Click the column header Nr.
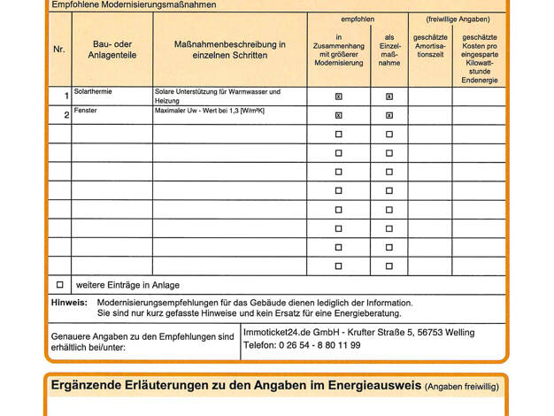(59, 50)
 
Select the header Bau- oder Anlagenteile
(112, 50)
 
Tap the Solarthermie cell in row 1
(94, 92)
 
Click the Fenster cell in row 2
(88, 111)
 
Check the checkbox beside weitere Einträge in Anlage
(60, 285)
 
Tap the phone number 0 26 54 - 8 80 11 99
(302, 345)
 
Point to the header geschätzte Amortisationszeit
(430, 46)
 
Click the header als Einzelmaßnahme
(389, 50)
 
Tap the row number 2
(66, 115)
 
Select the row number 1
(66, 96)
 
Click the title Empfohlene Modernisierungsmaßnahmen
(134, 5)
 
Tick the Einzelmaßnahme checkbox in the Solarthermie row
(389, 96)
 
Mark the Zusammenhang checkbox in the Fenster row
(339, 115)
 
